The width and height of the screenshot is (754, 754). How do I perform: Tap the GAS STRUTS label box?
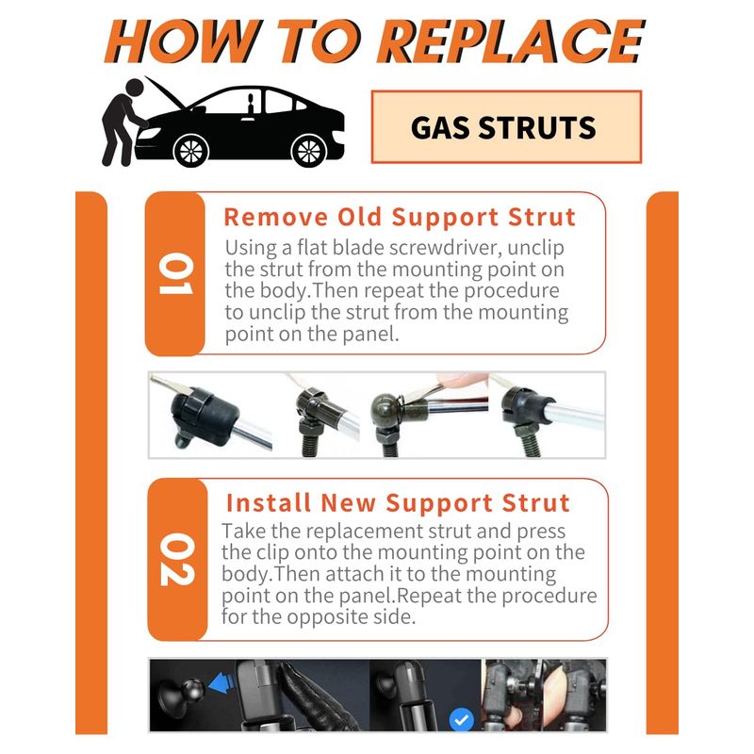tap(506, 127)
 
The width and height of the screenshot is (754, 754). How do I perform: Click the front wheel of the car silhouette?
tap(191, 150)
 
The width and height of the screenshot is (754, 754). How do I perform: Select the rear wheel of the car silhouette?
tap(309, 150)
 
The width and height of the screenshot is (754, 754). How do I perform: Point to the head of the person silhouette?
tap(134, 88)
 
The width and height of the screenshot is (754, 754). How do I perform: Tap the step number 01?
tap(176, 273)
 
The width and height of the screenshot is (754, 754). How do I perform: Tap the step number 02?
tap(178, 560)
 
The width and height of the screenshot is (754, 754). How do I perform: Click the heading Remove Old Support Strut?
tap(400, 218)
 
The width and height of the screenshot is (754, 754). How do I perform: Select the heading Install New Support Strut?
tap(398, 503)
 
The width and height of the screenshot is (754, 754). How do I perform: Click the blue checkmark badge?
tap(462, 720)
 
